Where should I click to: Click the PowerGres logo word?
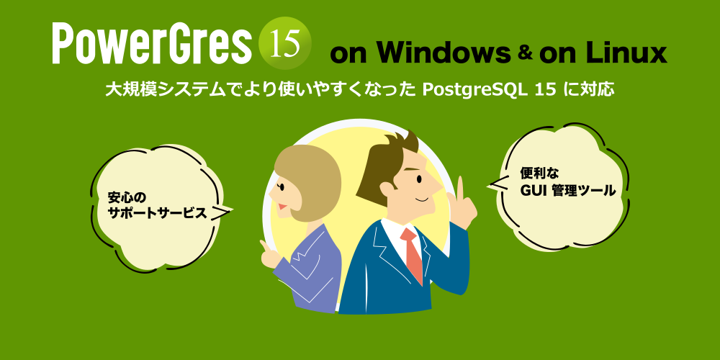tap(151, 45)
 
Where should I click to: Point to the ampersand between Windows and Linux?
tap(524, 53)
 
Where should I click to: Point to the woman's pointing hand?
tap(268, 253)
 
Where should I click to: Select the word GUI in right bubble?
tap(533, 191)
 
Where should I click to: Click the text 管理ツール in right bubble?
tap(584, 191)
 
